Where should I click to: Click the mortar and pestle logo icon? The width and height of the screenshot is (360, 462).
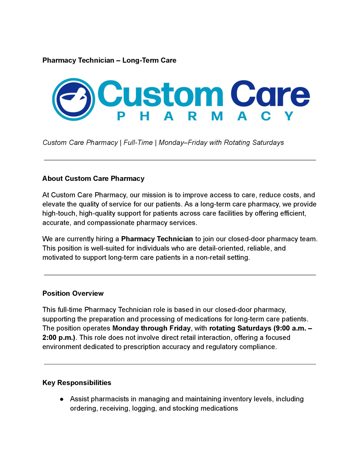[74, 99]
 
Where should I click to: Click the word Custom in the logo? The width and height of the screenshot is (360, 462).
[160, 94]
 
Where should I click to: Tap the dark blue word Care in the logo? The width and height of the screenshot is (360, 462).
[270, 94]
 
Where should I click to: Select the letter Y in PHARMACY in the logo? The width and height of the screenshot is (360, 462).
[289, 116]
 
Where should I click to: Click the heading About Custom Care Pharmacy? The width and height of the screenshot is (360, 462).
[93, 179]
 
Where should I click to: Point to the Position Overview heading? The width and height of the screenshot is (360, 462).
[73, 293]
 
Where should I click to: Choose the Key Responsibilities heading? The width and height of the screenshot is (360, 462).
[77, 383]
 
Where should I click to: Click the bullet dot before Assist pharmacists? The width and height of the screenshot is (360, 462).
[62, 399]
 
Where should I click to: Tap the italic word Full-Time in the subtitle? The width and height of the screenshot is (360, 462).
[138, 143]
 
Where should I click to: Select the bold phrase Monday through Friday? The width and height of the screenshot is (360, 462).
[151, 328]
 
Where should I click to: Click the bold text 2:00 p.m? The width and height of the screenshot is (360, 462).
[58, 337]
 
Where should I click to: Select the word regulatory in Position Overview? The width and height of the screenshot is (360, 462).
[221, 347]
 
